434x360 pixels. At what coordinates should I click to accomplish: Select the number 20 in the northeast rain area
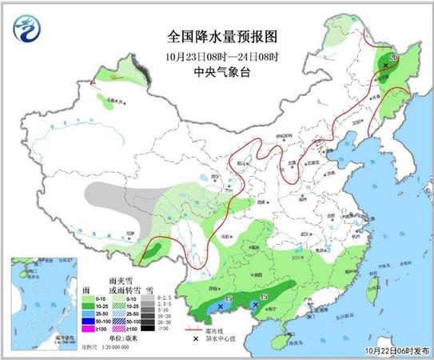coord(392,58)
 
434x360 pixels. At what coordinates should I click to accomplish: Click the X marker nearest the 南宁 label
coord(255,305)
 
